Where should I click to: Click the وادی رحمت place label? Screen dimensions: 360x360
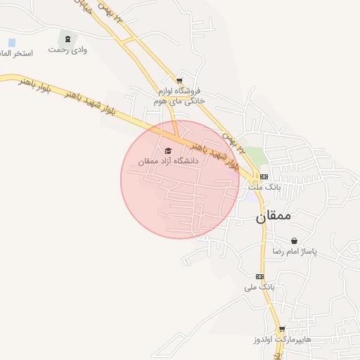(x=67, y=51)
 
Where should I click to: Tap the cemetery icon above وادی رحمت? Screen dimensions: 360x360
(x=67, y=39)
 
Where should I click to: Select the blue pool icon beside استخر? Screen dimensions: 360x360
(x=11, y=43)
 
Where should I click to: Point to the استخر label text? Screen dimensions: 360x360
(x=17, y=54)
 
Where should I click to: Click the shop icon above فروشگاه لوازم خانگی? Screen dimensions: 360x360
(x=180, y=81)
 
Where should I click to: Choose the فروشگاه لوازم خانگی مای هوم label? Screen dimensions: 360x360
(x=179, y=96)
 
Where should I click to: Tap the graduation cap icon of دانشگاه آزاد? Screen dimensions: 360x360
(x=168, y=150)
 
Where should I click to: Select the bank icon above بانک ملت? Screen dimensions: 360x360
(x=264, y=176)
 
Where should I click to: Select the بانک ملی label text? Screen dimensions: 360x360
(x=259, y=288)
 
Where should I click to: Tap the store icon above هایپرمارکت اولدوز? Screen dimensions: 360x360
(x=282, y=328)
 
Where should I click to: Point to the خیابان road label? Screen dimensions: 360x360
(x=83, y=7)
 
